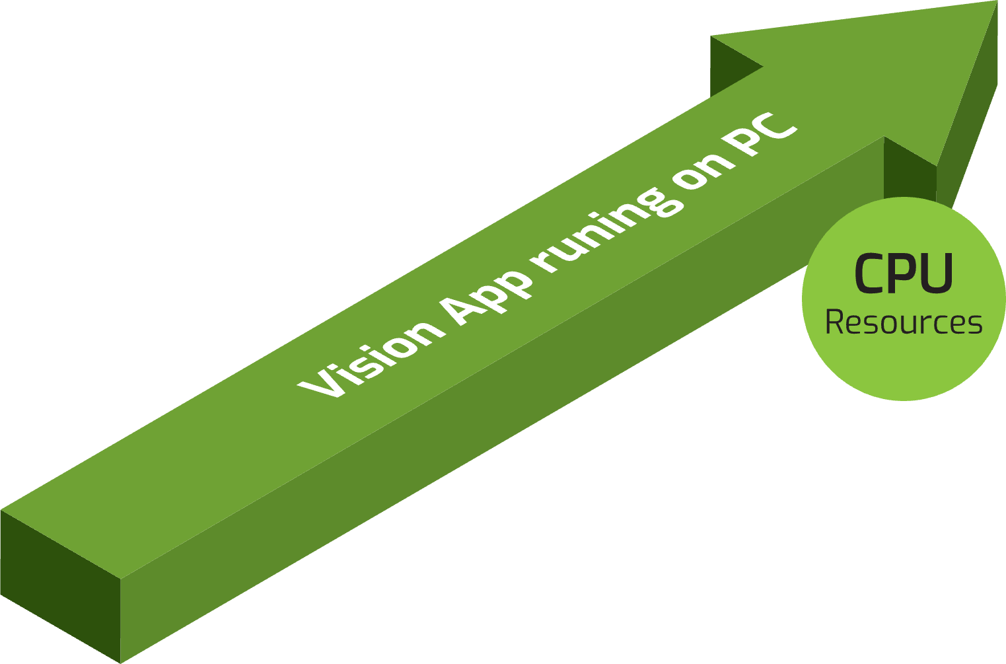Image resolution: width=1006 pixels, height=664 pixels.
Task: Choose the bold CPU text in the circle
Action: pyautogui.click(x=904, y=274)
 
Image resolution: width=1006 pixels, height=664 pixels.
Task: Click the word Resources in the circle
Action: pyautogui.click(x=904, y=322)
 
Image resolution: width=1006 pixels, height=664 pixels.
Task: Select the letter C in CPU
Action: pyautogui.click(x=870, y=274)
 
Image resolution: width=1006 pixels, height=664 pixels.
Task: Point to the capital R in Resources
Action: pyautogui.click(x=836, y=322)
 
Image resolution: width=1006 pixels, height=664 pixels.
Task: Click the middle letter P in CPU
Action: pyautogui.click(x=904, y=274)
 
